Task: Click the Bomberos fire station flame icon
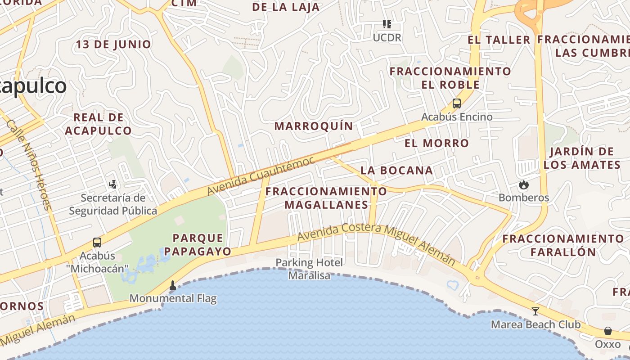point(523,184)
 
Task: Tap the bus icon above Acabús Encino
point(457,103)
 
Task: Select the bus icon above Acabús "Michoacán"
point(97,243)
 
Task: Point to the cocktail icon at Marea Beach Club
point(535,311)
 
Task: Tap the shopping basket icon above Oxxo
point(608,331)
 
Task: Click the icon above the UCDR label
point(387,24)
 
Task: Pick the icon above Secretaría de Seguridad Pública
point(113,184)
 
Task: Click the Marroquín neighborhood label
point(314,126)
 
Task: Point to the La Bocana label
point(397,171)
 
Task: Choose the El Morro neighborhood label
point(436,144)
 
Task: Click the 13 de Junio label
point(113,45)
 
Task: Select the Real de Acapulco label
point(98,124)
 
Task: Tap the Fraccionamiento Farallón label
point(563,245)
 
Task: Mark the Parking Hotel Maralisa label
point(309,269)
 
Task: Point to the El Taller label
point(499,40)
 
